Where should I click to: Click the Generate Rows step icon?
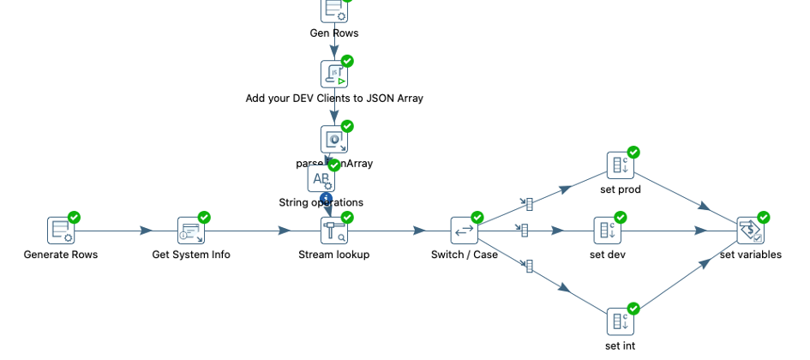(x=60, y=231)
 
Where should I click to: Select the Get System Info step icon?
(x=190, y=231)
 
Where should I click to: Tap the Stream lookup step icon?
(x=333, y=231)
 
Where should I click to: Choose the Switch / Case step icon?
(x=464, y=231)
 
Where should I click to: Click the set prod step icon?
(x=620, y=165)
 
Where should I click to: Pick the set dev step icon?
(x=607, y=231)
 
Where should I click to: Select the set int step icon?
(x=620, y=321)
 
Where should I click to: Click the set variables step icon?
(x=750, y=231)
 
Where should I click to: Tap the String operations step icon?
(x=321, y=179)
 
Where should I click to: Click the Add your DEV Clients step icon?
(x=333, y=74)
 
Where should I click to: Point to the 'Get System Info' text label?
(x=190, y=255)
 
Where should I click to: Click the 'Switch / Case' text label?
(x=464, y=255)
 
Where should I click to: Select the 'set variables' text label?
(x=750, y=255)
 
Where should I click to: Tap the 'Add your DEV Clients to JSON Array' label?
(x=334, y=99)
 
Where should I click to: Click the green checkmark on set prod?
(x=633, y=153)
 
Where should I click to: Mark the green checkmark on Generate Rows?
(x=74, y=218)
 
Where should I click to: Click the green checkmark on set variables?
(x=763, y=218)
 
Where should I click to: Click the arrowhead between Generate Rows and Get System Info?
(x=147, y=231)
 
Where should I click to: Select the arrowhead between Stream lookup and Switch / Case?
(x=419, y=231)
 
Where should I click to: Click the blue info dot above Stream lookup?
(x=326, y=199)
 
